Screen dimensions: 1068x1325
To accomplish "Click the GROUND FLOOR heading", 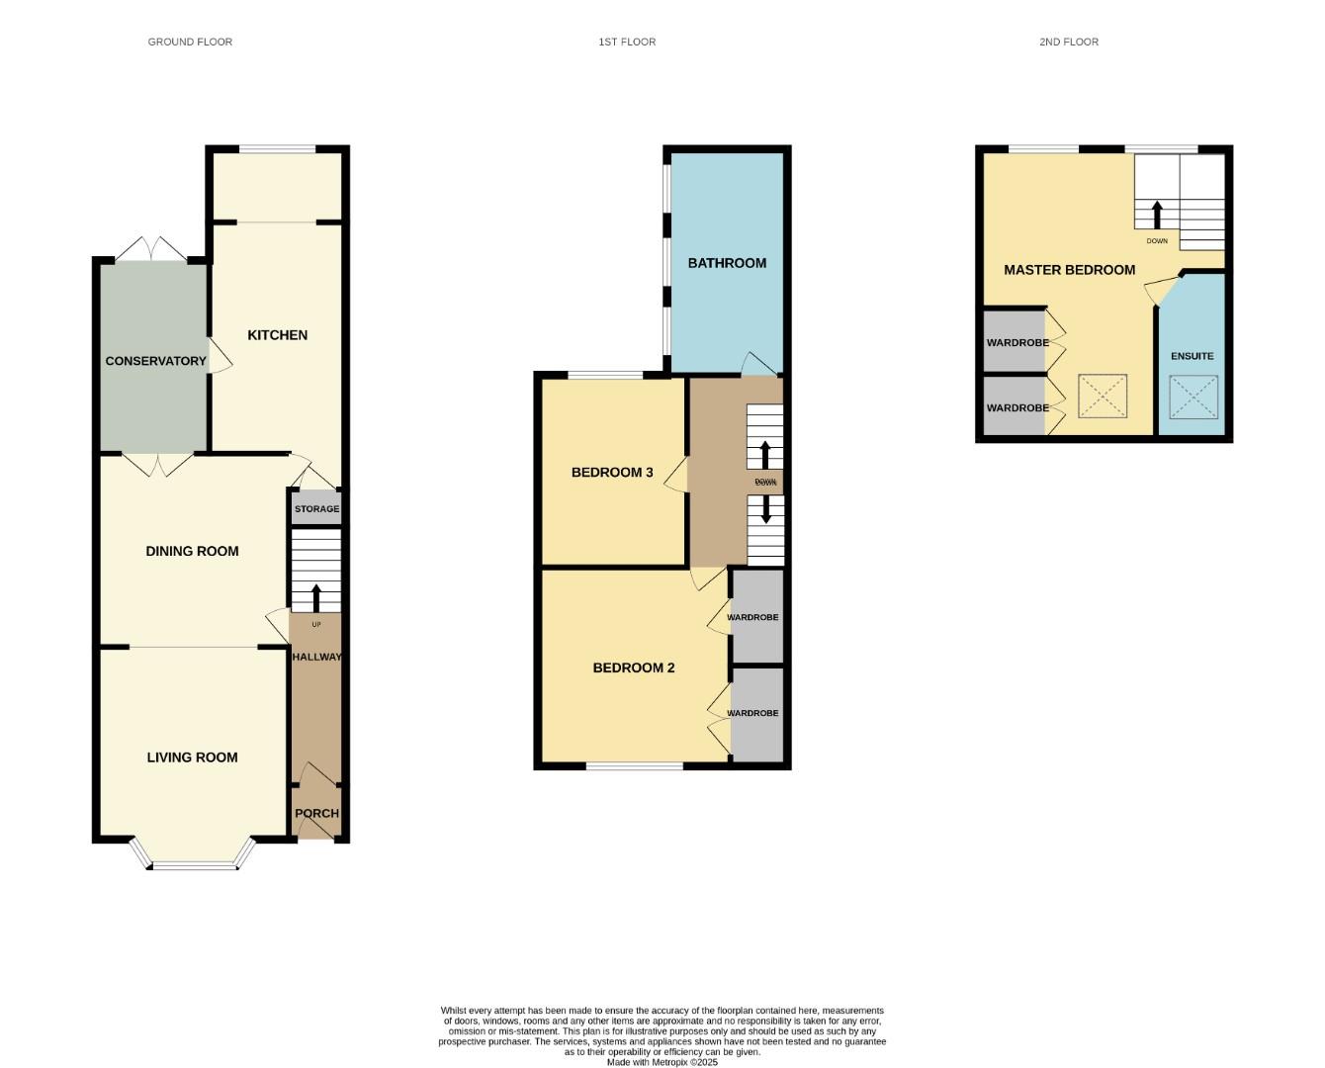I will coord(190,42).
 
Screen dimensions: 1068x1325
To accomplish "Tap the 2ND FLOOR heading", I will coord(1068,42).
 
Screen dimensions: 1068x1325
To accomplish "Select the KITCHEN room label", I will coord(277,335).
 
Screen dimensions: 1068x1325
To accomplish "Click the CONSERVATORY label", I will coord(156,361).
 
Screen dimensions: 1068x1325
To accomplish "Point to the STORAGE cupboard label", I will coord(316,509).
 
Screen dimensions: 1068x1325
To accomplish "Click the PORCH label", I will coord(316,814).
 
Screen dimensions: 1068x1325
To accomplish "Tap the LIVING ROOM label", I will coord(192,757).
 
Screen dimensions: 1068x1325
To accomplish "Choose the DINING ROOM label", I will coord(192,552).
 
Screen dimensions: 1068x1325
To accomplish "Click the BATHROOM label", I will coord(727,263).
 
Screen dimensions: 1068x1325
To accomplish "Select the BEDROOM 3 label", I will coord(612,473).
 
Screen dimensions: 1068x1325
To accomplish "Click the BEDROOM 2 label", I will coord(634,668).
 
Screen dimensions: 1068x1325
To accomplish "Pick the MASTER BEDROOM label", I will coord(1069,270).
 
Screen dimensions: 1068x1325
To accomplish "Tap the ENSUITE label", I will coord(1192,356).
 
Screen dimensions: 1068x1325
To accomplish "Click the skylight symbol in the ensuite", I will coord(1193,397).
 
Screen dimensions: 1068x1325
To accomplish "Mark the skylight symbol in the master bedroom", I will coord(1103,397).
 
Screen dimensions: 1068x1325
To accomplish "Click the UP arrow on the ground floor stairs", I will coord(316,597).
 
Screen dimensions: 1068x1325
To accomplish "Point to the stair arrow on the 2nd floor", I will coord(1156,214).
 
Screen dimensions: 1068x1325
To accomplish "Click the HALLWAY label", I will coord(316,657).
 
